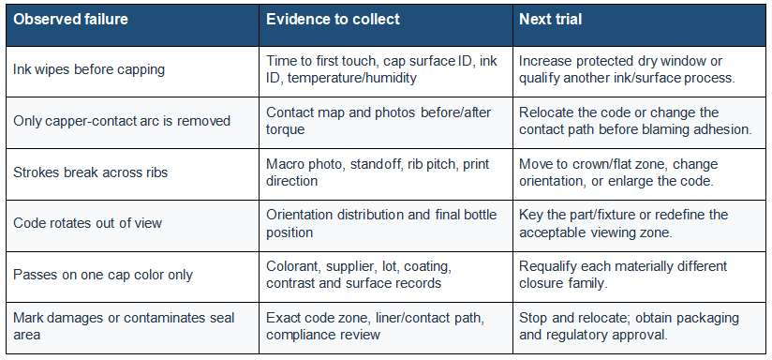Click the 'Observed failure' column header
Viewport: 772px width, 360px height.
70,19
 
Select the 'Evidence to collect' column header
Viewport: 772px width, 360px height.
333,19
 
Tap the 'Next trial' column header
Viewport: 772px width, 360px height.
551,19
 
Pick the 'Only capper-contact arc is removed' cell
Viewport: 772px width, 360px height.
122,121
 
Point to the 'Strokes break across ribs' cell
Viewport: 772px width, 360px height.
91,172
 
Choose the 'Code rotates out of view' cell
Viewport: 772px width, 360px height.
88,223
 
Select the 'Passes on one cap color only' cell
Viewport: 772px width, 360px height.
103,275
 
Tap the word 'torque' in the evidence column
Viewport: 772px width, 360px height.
285,129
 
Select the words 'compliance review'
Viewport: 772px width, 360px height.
323,335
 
